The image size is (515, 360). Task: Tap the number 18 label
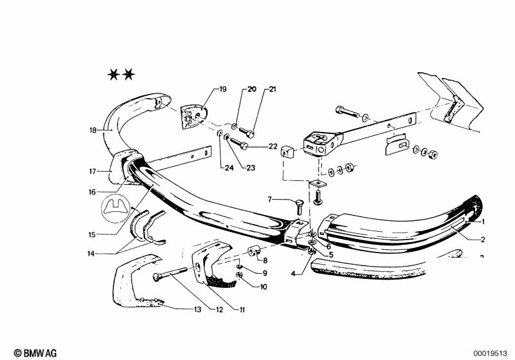pyautogui.click(x=93, y=130)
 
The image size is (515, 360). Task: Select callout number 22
pyautogui.click(x=273, y=146)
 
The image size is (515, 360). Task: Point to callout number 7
pyautogui.click(x=269, y=200)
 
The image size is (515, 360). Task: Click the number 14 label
pyautogui.click(x=92, y=253)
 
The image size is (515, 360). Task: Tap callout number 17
pyautogui.click(x=93, y=171)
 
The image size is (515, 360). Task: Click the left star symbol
pyautogui.click(x=113, y=75)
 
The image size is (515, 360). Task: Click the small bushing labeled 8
pyautogui.click(x=254, y=251)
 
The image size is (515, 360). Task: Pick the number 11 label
pyautogui.click(x=242, y=310)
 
